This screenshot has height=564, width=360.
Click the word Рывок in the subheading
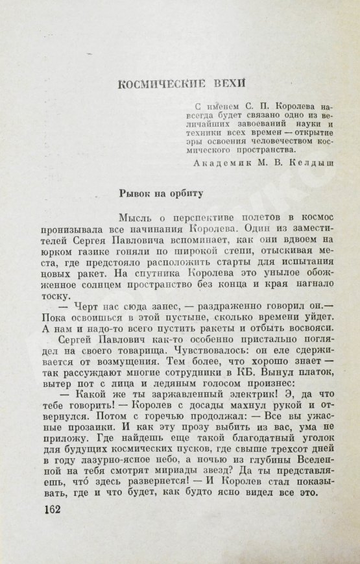(136, 193)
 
